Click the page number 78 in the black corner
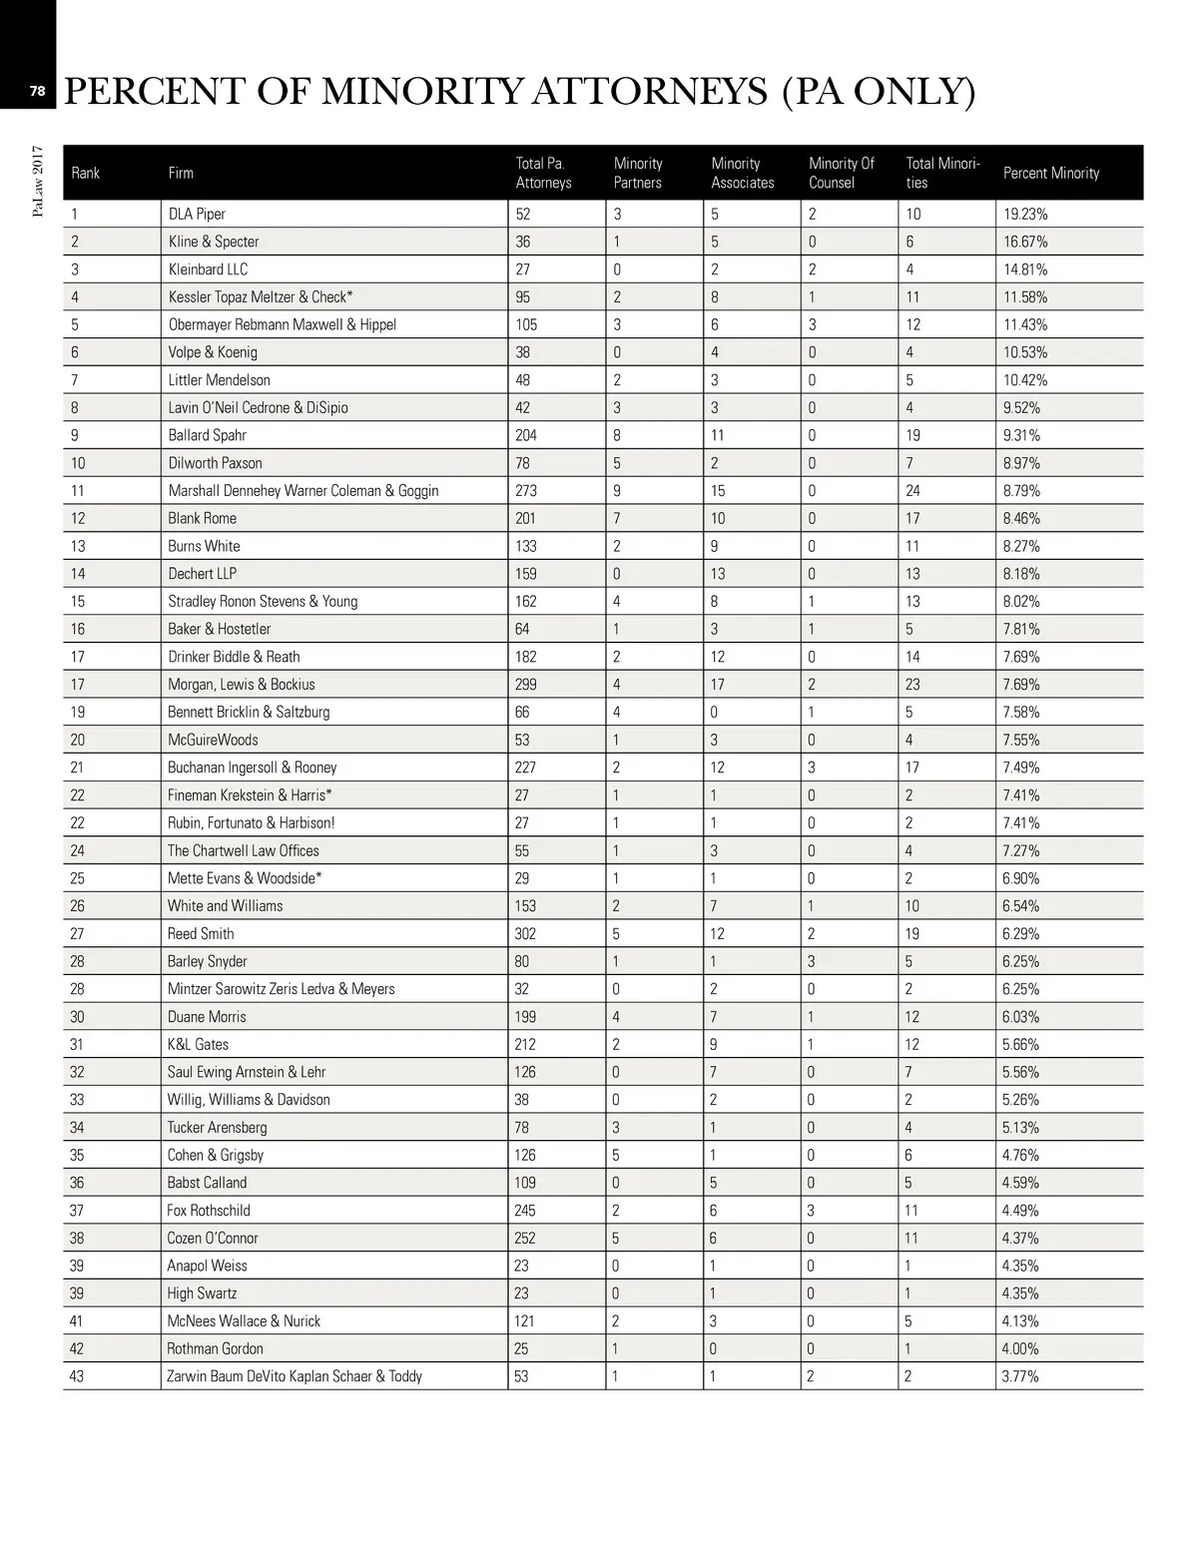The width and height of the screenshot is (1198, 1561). tap(37, 91)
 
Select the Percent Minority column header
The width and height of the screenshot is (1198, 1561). tap(1050, 173)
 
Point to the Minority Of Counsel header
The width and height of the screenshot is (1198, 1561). tap(841, 173)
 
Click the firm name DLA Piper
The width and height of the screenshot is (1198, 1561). tap(197, 214)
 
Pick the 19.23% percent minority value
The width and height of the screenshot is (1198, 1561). tap(1025, 214)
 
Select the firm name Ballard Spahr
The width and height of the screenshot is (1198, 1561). tap(207, 435)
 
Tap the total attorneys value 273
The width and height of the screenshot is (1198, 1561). tap(526, 490)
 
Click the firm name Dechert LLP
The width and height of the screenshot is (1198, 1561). tap(203, 573)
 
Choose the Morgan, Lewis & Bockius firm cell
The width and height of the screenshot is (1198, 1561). tap(241, 684)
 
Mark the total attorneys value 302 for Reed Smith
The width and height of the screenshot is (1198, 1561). tap(526, 933)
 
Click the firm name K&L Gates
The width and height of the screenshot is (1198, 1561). tap(198, 1044)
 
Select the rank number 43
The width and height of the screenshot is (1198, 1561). tap(77, 1375)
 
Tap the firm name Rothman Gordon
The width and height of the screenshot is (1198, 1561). tap(215, 1348)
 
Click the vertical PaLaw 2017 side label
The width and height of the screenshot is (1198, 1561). tap(37, 181)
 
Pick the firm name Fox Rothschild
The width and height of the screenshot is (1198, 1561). tap(209, 1210)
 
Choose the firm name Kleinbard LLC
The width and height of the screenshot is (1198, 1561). tap(208, 268)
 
